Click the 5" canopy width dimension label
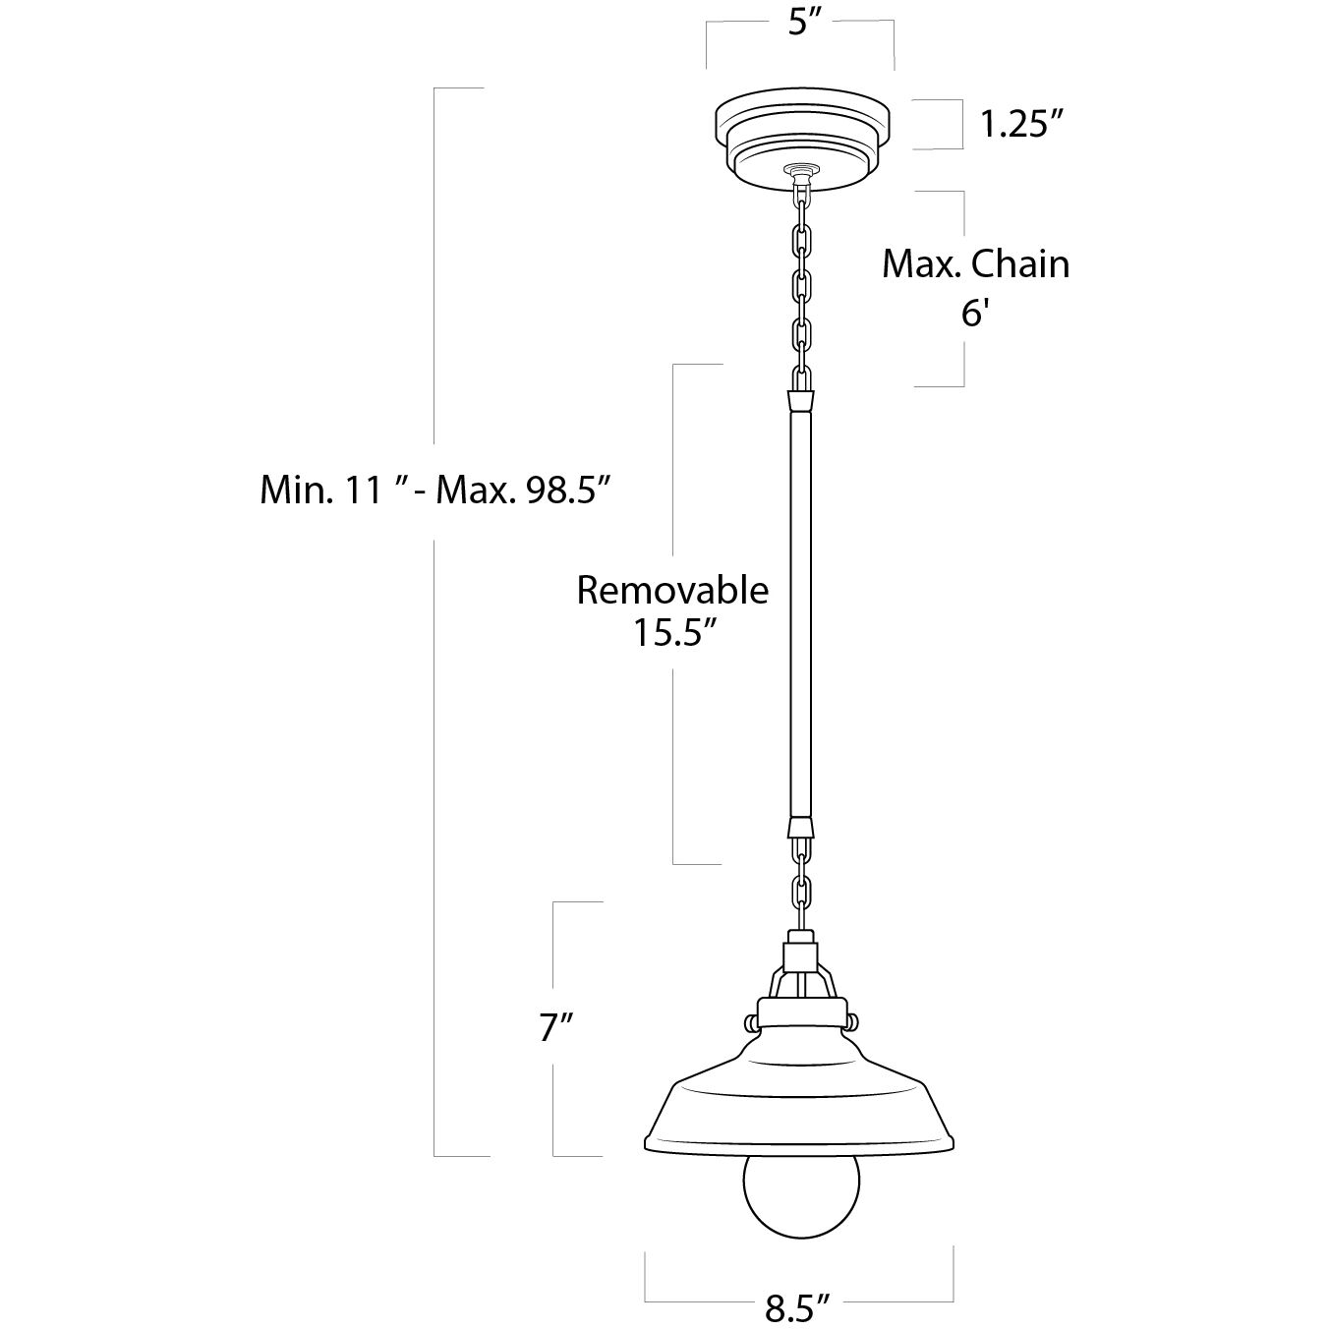pyautogui.click(x=803, y=24)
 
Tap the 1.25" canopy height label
pyautogui.click(x=1021, y=124)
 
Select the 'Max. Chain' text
pyautogui.click(x=974, y=264)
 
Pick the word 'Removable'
pyautogui.click(x=671, y=590)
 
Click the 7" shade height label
pyautogui.click(x=556, y=1028)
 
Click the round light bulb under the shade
pyautogui.click(x=800, y=1193)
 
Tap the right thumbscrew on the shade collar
pyautogui.click(x=851, y=1021)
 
